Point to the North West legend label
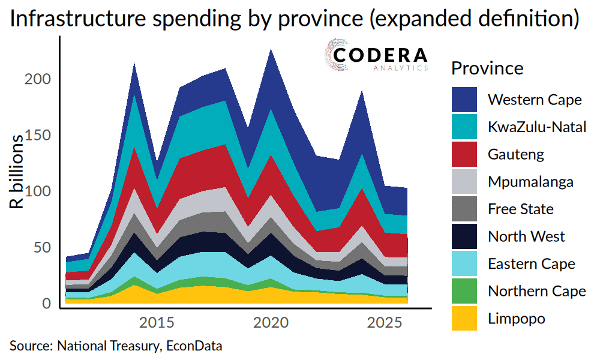point(526,236)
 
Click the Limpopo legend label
point(516,318)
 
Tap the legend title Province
point(487,68)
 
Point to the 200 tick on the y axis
point(38,79)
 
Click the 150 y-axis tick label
point(38,136)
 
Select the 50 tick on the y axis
point(43,248)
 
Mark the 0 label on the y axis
point(47,304)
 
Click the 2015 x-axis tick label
point(156,323)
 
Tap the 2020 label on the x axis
point(270,323)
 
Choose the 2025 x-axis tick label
point(384,323)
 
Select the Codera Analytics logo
point(376,57)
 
